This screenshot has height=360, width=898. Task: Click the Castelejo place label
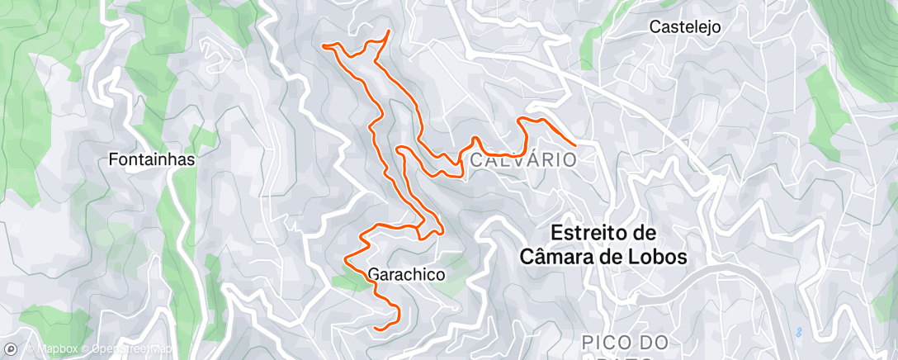point(685,26)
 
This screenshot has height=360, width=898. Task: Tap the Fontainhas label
point(152,160)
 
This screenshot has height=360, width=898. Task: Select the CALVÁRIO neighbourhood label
point(522,159)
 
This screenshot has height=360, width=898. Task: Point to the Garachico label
point(407,273)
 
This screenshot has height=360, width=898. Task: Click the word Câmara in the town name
point(559,257)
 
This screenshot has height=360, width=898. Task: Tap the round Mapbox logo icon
point(12,349)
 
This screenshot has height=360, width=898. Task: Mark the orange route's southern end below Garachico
point(376,329)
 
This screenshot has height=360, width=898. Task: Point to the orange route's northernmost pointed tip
point(388,31)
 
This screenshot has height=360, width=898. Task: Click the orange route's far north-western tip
point(324,45)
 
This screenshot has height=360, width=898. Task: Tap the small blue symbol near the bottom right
point(797,332)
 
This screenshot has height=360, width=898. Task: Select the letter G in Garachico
point(374,273)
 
